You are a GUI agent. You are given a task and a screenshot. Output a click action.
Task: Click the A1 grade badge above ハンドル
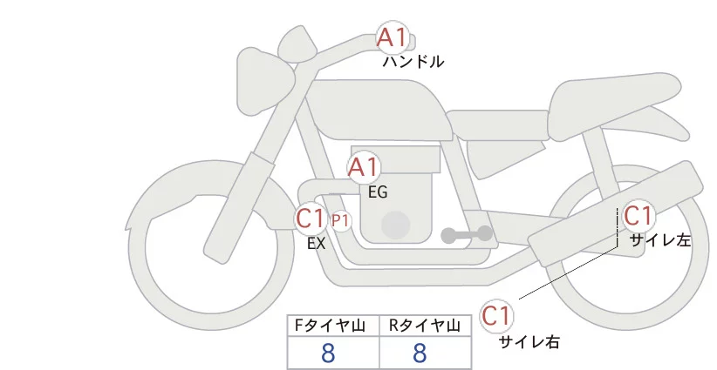[x=392, y=38]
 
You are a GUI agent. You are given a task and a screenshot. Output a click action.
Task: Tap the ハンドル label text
[x=413, y=62]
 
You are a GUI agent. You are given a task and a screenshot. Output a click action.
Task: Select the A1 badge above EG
[x=364, y=167]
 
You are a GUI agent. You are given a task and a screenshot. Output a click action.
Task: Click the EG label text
[x=378, y=192]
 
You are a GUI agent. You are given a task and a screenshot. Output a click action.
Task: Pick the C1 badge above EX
[x=311, y=219]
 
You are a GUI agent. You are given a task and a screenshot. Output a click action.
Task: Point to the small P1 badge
[x=340, y=220]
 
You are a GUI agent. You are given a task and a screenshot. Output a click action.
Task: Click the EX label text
[x=316, y=244]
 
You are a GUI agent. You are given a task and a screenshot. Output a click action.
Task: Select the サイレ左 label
[x=659, y=240]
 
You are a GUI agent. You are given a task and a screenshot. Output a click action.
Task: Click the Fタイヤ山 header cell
[x=333, y=326]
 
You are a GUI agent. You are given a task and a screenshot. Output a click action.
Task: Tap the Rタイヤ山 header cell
[x=426, y=326]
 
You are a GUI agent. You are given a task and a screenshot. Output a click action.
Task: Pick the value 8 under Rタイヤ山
[x=420, y=353]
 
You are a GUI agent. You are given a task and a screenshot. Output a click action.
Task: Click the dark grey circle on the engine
[x=397, y=223]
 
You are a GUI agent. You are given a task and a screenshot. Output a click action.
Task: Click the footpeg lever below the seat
[x=467, y=234]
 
